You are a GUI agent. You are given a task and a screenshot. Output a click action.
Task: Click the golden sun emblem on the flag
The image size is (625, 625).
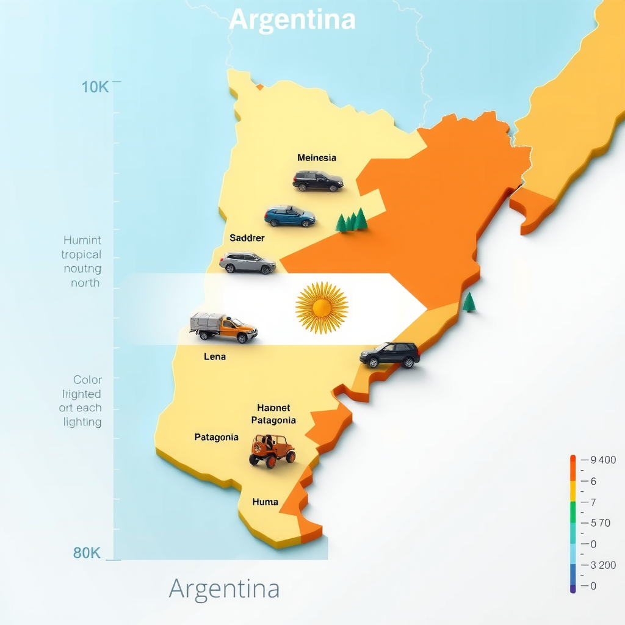[322, 308]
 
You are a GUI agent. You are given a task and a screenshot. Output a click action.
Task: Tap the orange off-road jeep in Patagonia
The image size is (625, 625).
[272, 450]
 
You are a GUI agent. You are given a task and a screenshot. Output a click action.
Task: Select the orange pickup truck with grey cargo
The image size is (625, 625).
[223, 328]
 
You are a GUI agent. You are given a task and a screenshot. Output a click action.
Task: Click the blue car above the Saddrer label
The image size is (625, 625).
[290, 216]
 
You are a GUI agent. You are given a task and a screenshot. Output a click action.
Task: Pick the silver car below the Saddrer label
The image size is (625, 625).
[247, 262]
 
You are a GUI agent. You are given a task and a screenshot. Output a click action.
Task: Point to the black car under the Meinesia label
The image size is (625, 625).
[317, 181]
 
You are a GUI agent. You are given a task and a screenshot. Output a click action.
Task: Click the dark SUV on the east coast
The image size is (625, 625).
[391, 355]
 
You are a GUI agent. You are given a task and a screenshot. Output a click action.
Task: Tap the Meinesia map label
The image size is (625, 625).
[317, 158]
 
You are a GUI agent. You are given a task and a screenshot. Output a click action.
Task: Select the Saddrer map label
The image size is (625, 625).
[247, 238]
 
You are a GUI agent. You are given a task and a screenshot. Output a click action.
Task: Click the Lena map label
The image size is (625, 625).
[215, 356]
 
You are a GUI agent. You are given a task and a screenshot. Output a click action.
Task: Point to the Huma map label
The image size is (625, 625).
[265, 502]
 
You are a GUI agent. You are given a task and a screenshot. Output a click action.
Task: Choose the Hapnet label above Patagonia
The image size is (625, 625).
[273, 408]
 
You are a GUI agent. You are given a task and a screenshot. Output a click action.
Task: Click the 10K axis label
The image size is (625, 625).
[95, 87]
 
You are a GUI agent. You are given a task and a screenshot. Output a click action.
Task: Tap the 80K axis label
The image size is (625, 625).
[87, 554]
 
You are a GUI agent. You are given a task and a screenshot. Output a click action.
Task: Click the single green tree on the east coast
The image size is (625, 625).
[469, 302]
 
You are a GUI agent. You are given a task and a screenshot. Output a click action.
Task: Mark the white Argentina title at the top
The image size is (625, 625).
[292, 20]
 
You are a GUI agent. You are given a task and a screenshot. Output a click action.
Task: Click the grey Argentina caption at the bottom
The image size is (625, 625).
[224, 589]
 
